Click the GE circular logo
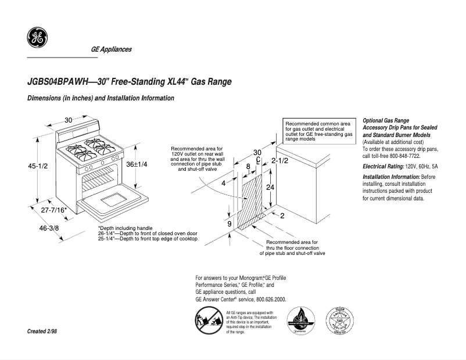coord(37,38)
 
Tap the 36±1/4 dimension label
coord(137,165)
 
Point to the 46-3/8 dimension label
coord(49,228)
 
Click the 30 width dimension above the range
coord(68,120)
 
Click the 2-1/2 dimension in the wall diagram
coord(280,160)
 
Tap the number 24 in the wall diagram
coord(270,187)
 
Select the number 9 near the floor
coord(229,224)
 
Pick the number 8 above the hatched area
coord(248,167)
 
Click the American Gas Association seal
coord(339,321)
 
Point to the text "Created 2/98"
coord(42,331)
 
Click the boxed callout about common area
coord(319,131)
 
